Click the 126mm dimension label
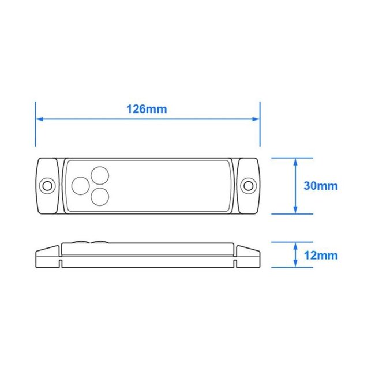(147, 109)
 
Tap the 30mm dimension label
(320, 186)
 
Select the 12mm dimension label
(320, 255)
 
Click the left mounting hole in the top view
(47, 185)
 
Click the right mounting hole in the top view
(249, 185)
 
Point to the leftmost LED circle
(81, 185)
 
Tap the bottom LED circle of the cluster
(101, 197)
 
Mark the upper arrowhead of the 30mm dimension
(295, 161)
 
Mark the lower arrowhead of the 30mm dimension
(295, 210)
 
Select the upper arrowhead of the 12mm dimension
(295, 245)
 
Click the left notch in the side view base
(61, 263)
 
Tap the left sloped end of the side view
(47, 252)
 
